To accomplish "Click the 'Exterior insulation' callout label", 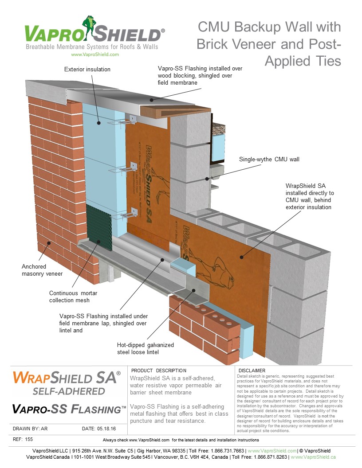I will coord(87,69).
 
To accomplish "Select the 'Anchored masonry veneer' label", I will coord(42,270).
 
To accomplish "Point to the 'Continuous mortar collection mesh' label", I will coord(73,296).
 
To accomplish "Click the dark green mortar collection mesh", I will coord(98,224).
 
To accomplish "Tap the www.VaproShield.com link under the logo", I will coord(94,54).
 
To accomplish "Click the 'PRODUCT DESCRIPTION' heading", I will coord(159,370).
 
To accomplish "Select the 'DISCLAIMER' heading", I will coord(252,370).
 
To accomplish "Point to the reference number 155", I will coord(29,439).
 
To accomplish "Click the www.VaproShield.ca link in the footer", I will coord(313,456).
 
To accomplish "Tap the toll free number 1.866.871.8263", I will coord(269,456).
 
